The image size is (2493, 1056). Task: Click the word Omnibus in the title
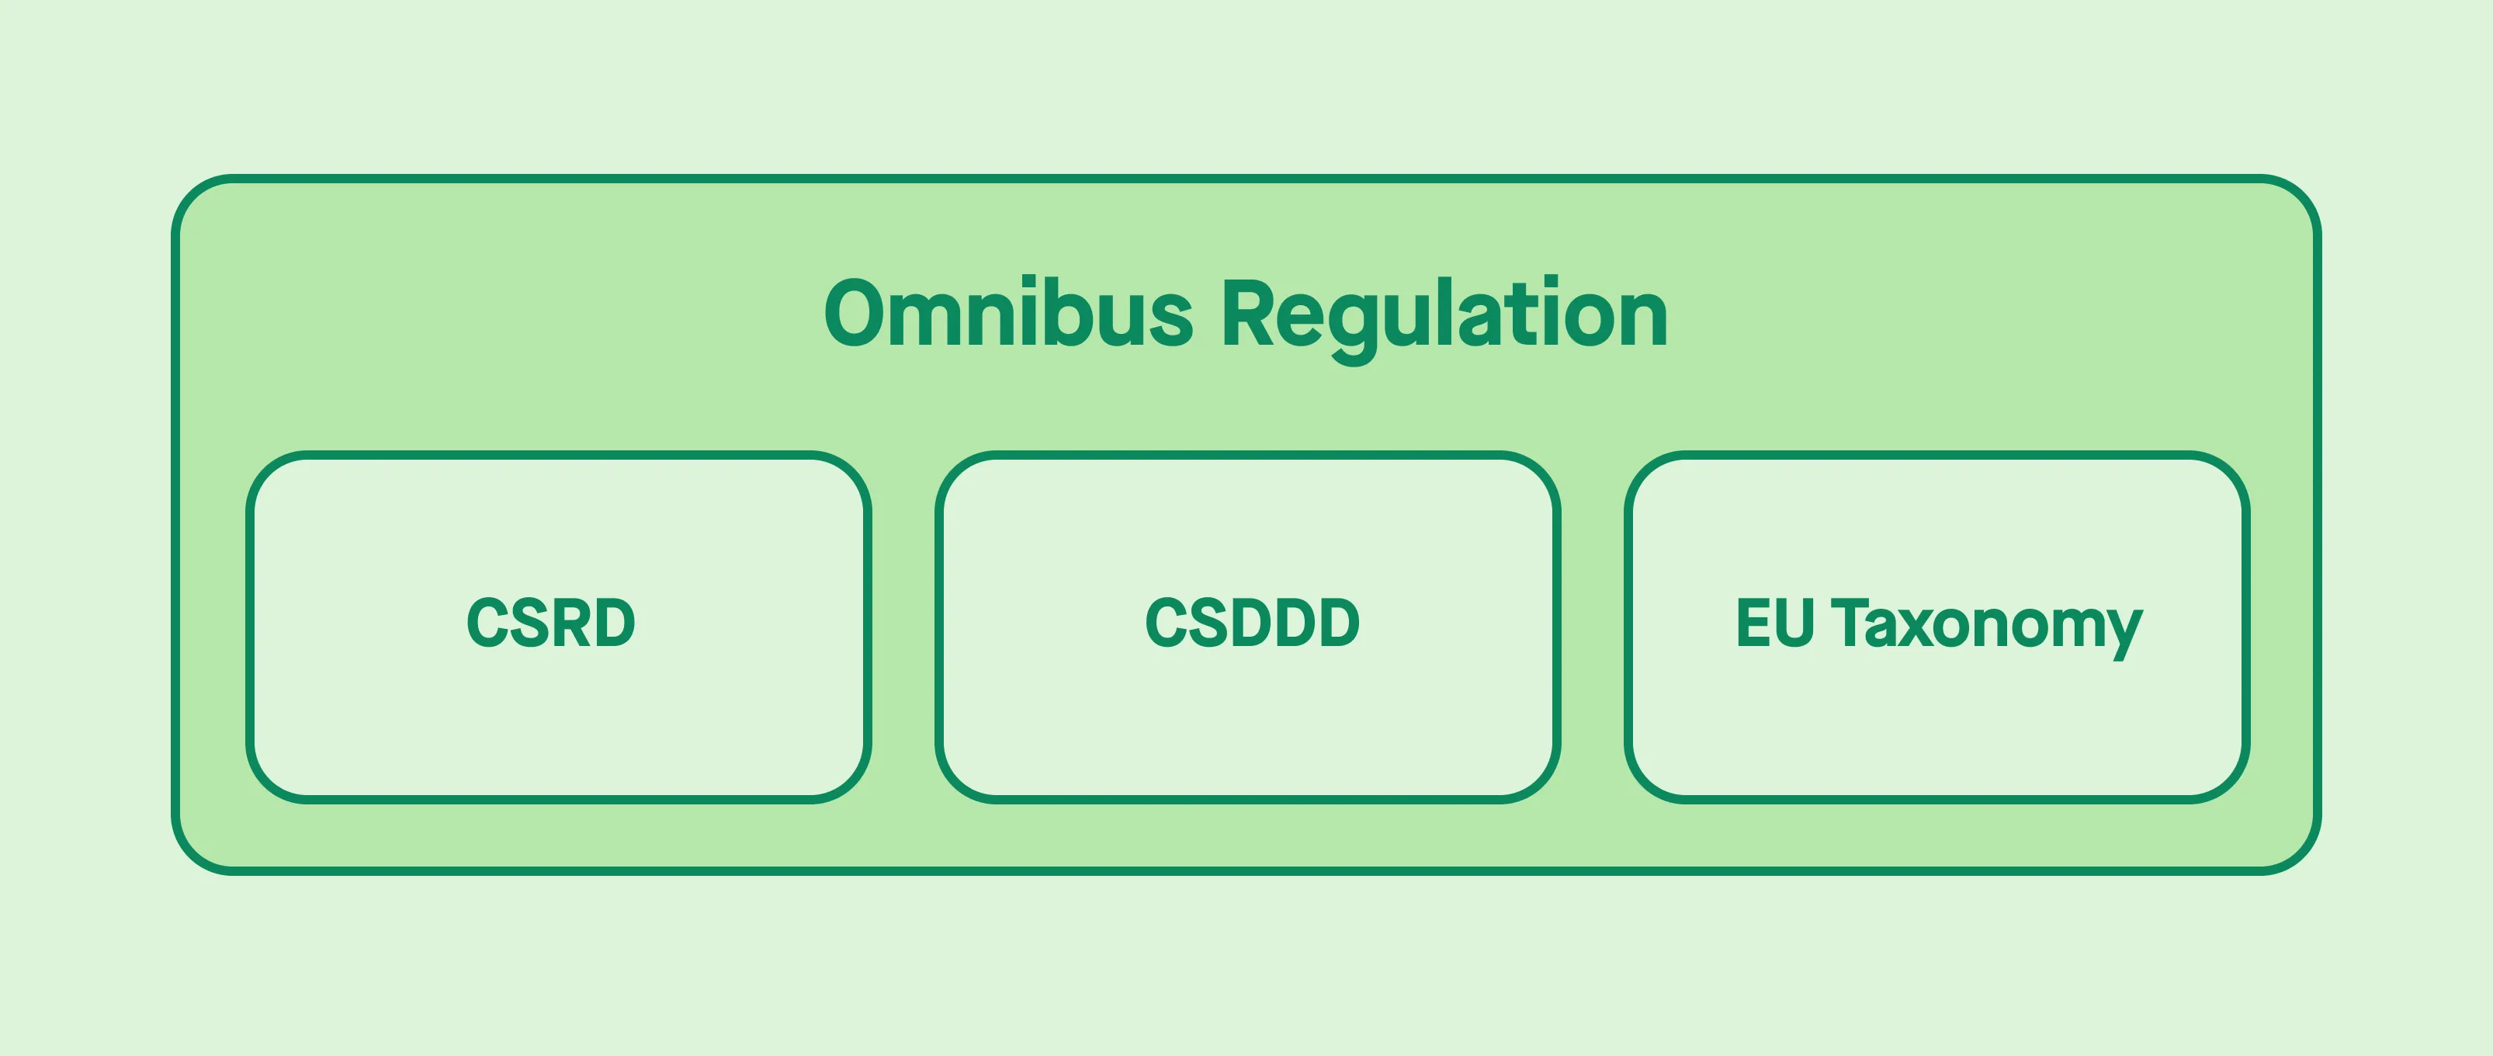tap(1008, 314)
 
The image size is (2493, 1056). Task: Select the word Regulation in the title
tap(1444, 315)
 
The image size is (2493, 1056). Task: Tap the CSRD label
tap(550, 623)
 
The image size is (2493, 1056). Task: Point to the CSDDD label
tap(1252, 623)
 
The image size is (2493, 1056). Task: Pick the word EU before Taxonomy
tap(1774, 623)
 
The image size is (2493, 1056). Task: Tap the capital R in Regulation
tap(1248, 314)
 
